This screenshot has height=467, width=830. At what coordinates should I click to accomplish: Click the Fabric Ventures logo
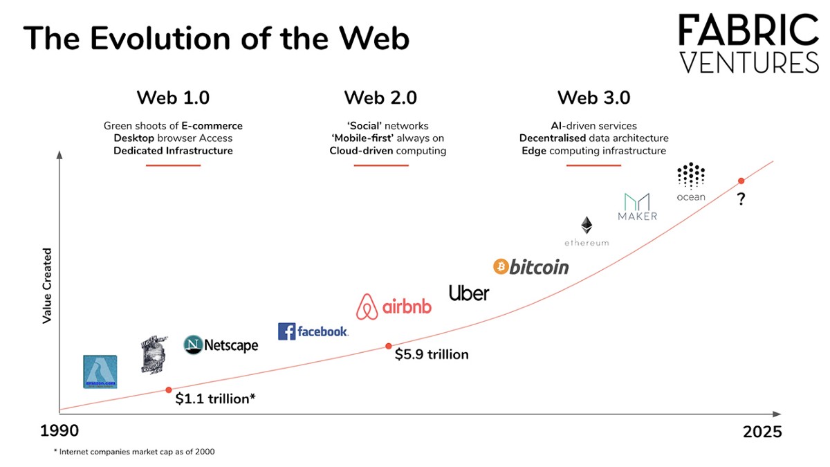(x=748, y=44)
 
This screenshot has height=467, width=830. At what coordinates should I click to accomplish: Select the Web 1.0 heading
(x=173, y=98)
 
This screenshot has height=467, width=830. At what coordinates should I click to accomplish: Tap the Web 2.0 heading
(x=380, y=98)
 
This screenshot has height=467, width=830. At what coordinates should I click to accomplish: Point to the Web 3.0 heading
(x=593, y=98)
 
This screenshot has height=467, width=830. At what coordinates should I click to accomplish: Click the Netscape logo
(x=221, y=345)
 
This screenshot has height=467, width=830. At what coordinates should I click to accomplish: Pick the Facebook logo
(x=313, y=331)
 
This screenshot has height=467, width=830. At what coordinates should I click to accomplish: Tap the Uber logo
(x=469, y=293)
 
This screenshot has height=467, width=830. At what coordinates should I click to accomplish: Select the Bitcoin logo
(x=531, y=266)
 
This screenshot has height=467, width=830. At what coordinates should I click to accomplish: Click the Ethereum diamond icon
(x=587, y=225)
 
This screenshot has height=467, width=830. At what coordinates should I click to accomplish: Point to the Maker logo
(x=637, y=206)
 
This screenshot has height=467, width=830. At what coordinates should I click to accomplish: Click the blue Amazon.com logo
(x=100, y=372)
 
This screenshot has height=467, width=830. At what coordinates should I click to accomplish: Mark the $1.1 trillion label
(x=215, y=399)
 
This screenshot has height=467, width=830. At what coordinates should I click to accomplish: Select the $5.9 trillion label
(x=432, y=354)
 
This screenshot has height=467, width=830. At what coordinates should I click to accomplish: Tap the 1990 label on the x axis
(x=59, y=431)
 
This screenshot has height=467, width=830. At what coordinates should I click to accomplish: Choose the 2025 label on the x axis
(x=762, y=432)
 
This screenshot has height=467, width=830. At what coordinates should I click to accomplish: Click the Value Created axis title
(x=48, y=286)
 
